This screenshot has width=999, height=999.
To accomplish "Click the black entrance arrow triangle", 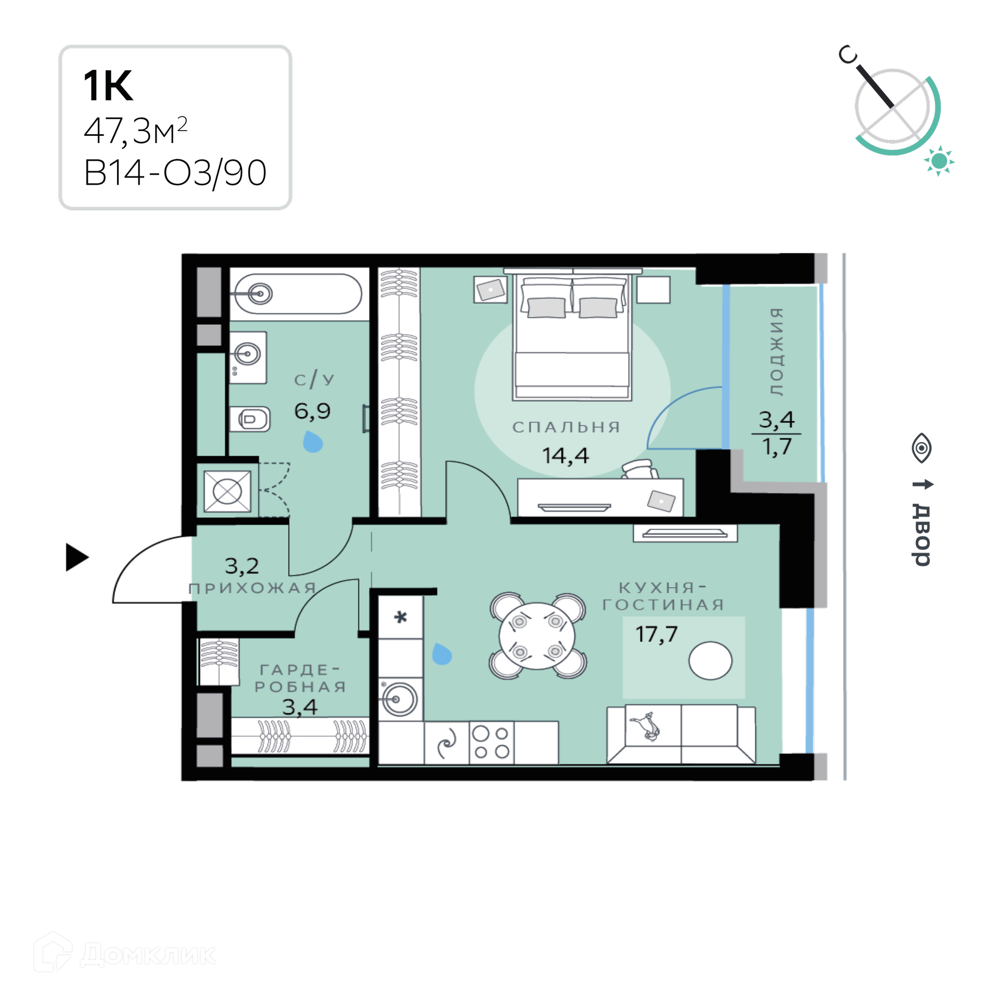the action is [x=76, y=557].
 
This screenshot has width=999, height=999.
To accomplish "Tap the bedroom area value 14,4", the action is [x=566, y=456].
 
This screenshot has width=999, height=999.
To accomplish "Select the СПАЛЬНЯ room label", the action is [x=566, y=427].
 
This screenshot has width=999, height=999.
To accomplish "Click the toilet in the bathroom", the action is [x=250, y=419].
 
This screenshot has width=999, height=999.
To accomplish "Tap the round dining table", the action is [x=537, y=636].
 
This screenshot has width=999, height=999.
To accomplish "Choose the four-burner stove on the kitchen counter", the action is [x=492, y=742].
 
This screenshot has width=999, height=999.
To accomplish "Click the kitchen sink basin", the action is [x=399, y=699].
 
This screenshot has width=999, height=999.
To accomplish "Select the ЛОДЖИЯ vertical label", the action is [x=776, y=352].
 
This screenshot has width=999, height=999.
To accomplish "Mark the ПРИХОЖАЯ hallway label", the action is [x=252, y=588].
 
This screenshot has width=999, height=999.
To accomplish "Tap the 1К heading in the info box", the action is [x=108, y=85].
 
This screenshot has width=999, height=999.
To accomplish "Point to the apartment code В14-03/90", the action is [x=175, y=173].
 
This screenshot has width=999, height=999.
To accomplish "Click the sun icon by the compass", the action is [x=939, y=161].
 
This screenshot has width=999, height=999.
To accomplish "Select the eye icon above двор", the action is [x=921, y=448].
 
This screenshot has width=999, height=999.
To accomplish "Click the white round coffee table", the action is [x=710, y=660].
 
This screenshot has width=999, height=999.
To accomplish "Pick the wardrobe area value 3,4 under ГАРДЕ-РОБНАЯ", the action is [x=300, y=707].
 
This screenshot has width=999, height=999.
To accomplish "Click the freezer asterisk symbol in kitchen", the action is [x=400, y=618].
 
